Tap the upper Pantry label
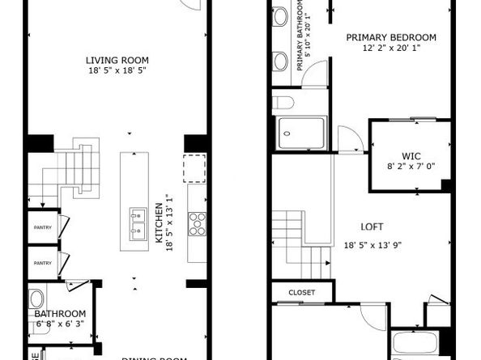pos(42,227)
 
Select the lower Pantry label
pos(42,263)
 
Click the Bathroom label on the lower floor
pos(60,314)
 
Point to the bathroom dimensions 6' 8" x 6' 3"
pos(60,324)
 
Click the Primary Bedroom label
pos(391,37)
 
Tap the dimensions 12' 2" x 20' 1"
pos(391,48)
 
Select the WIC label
pos(411,155)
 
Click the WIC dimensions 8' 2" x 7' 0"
pos(411,167)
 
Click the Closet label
pos(301,291)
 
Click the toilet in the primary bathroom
pos(283,101)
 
